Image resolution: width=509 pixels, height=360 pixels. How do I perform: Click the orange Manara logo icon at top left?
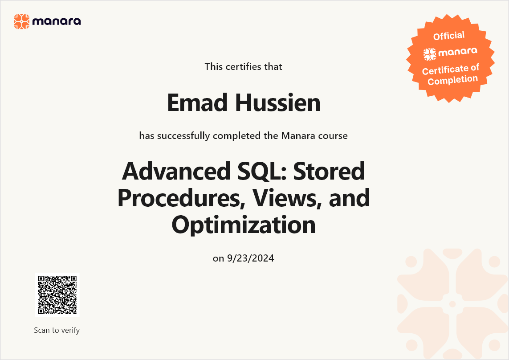pyautogui.click(x=21, y=21)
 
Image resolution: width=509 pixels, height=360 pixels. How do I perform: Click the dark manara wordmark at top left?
pyautogui.click(x=57, y=21)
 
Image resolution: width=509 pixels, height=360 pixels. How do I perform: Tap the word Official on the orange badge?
pyautogui.click(x=449, y=36)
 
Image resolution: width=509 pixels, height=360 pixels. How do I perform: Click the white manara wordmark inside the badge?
pyautogui.click(x=458, y=52)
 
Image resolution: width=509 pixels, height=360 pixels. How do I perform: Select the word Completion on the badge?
pyautogui.click(x=453, y=80)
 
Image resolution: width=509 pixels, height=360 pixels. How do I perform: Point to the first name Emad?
pyautogui.click(x=197, y=102)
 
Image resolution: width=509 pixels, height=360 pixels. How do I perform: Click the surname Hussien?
pyautogui.click(x=278, y=102)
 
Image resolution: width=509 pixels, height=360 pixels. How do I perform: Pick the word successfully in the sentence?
pyautogui.click(x=183, y=136)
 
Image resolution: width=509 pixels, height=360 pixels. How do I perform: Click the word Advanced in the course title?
pyautogui.click(x=176, y=171)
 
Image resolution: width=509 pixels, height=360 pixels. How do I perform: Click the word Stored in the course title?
pyautogui.click(x=329, y=171)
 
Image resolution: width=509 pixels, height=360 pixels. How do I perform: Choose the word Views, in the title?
pyautogui.click(x=287, y=199)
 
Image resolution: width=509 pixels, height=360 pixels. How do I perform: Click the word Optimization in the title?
pyautogui.click(x=244, y=225)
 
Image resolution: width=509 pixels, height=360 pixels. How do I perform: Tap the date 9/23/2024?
pyautogui.click(x=251, y=258)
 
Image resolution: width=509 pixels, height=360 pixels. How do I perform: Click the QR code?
pyautogui.click(x=57, y=295)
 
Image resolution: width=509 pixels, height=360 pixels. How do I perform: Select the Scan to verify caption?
pyautogui.click(x=57, y=330)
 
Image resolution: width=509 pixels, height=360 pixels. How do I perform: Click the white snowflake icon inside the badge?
pyautogui.click(x=430, y=54)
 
